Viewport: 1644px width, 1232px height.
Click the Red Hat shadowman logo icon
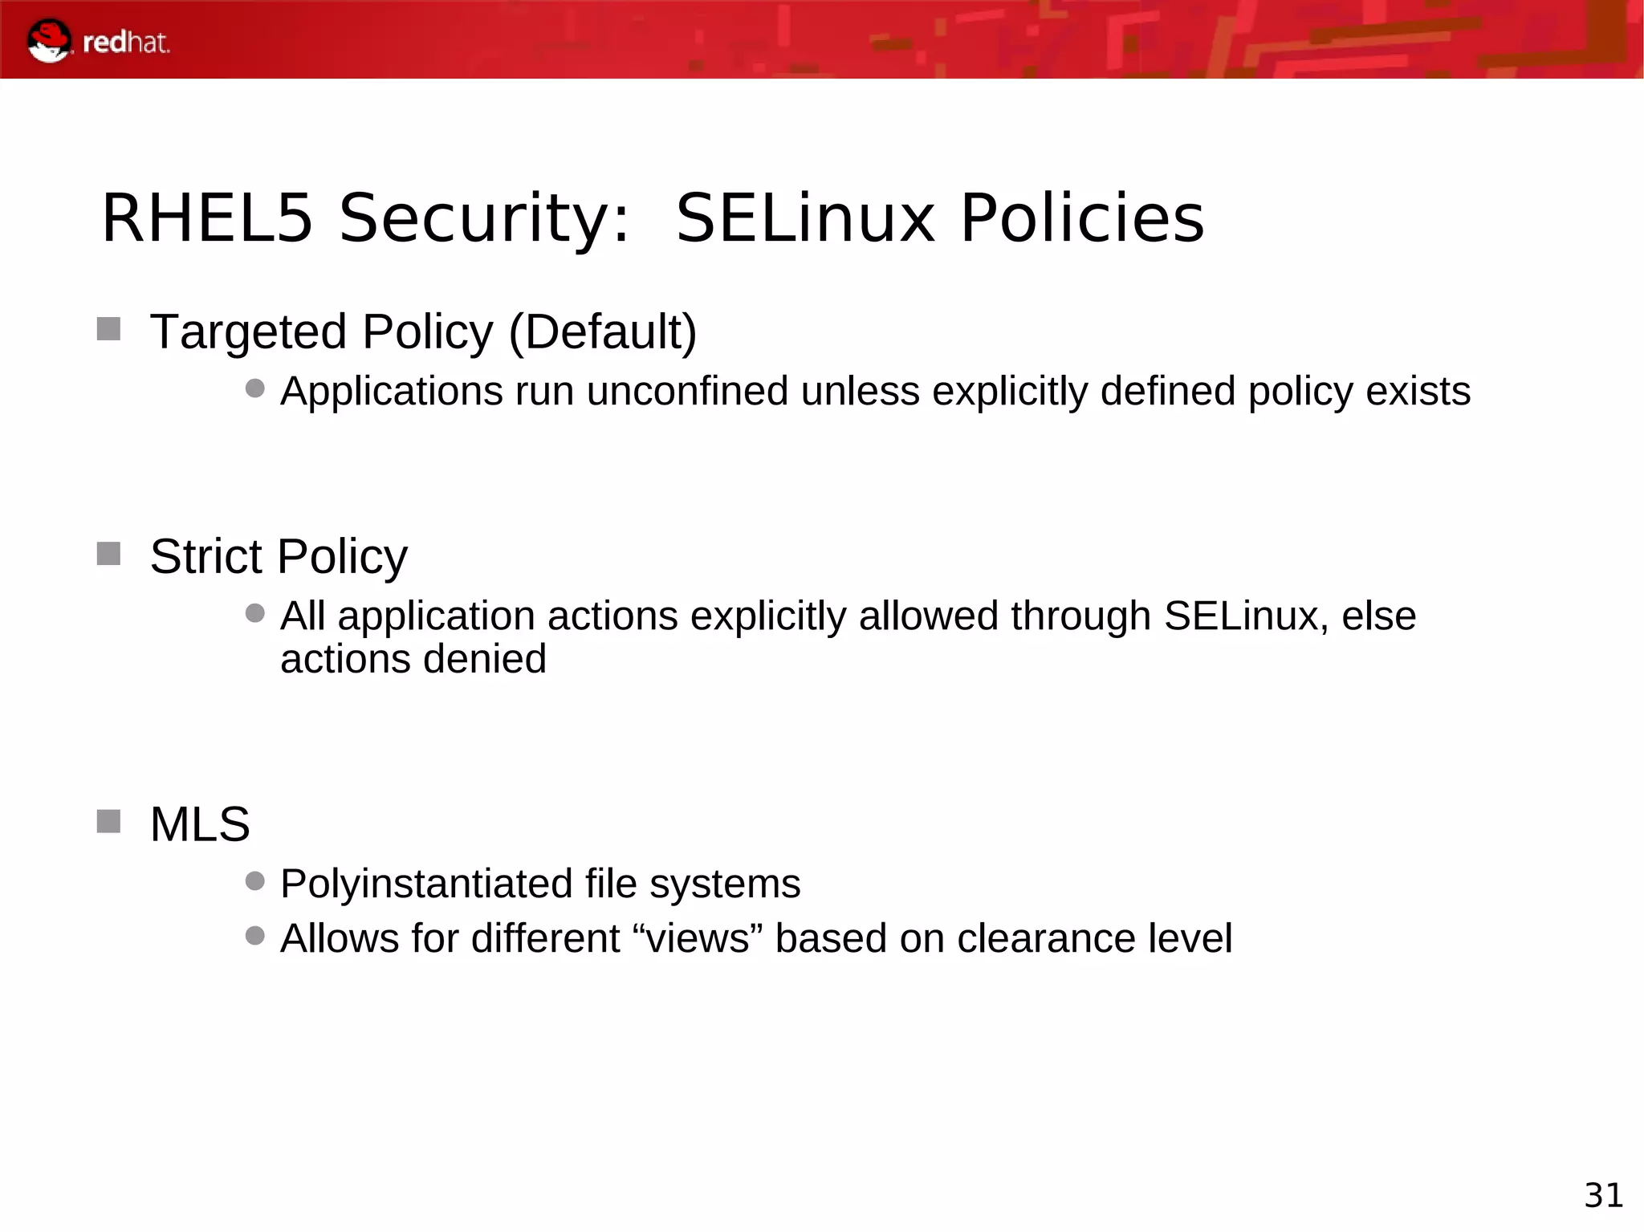pyautogui.click(x=48, y=40)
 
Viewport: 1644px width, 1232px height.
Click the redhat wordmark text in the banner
pyautogui.click(x=126, y=43)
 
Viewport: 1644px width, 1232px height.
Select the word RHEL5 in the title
pyautogui.click(x=206, y=218)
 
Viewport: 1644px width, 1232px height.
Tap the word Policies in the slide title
pyautogui.click(x=1082, y=218)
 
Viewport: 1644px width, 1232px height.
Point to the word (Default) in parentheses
pyautogui.click(x=603, y=331)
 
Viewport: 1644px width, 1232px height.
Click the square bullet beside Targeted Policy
pyautogui.click(x=108, y=329)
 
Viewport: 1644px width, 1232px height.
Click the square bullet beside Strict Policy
pyautogui.click(x=108, y=554)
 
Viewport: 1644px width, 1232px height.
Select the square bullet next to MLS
pyautogui.click(x=108, y=821)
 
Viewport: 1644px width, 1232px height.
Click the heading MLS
pyautogui.click(x=200, y=824)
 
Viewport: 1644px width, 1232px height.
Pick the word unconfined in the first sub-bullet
pyautogui.click(x=687, y=392)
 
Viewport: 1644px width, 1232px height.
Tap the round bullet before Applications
pyautogui.click(x=255, y=388)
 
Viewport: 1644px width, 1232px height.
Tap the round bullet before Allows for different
pyautogui.click(x=255, y=935)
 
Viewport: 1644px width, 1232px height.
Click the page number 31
pyautogui.click(x=1603, y=1195)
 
